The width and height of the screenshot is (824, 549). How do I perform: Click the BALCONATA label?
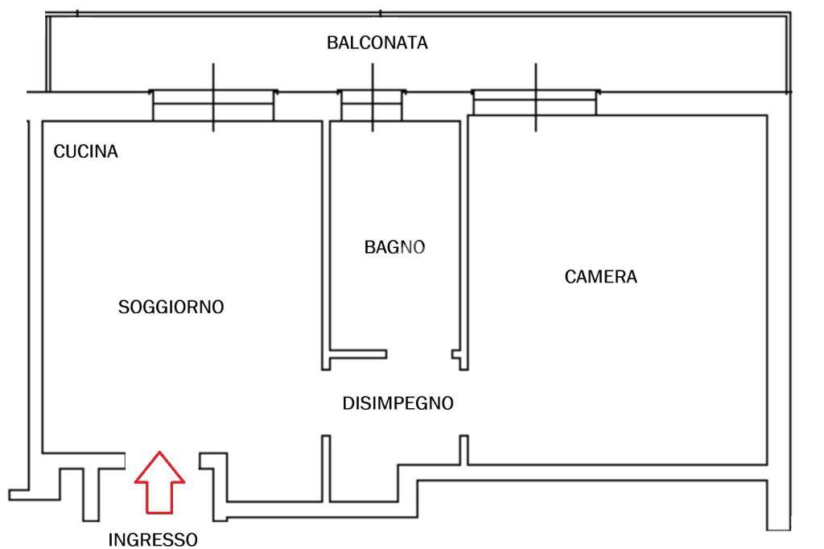pyautogui.click(x=377, y=43)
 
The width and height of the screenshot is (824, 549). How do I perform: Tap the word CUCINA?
pyautogui.click(x=85, y=151)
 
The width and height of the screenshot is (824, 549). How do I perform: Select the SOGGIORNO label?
pyautogui.click(x=171, y=307)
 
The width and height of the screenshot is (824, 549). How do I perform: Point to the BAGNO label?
pyautogui.click(x=394, y=247)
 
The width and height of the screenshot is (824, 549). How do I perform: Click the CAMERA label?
pyautogui.click(x=600, y=277)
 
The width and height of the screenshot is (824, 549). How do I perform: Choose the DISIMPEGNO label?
pyautogui.click(x=398, y=403)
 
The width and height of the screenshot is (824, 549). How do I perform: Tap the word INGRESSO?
pyautogui.click(x=152, y=539)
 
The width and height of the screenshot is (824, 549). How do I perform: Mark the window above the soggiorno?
pyautogui.click(x=212, y=105)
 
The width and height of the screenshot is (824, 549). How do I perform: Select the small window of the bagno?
pyautogui.click(x=371, y=105)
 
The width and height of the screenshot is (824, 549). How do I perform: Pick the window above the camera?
pyautogui.click(x=535, y=103)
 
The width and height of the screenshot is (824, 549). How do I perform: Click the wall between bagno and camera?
pyautogui.click(x=463, y=241)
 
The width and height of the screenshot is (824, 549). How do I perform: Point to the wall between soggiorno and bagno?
pyautogui.click(x=325, y=241)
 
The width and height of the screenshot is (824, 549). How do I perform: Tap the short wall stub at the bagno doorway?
pyautogui.click(x=359, y=353)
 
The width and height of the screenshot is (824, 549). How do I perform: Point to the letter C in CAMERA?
pyautogui.click(x=571, y=277)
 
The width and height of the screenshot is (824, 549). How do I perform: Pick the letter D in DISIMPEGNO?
pyautogui.click(x=348, y=403)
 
